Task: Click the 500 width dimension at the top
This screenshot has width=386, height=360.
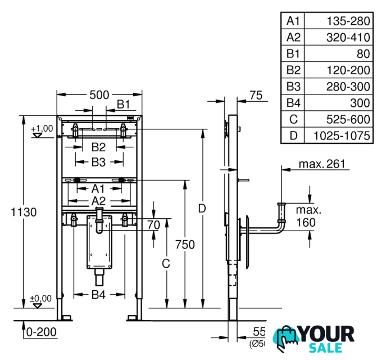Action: pyautogui.click(x=99, y=95)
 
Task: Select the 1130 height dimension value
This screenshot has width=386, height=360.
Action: pyautogui.click(x=23, y=212)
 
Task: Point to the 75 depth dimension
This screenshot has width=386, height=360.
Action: pyautogui.click(x=256, y=96)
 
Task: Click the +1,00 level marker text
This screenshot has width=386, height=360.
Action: pyautogui.click(x=42, y=128)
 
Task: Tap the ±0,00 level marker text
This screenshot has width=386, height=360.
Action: pyautogui.click(x=41, y=298)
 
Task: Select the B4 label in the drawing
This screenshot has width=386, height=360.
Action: pyautogui.click(x=99, y=294)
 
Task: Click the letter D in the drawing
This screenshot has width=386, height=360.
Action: pyautogui.click(x=202, y=208)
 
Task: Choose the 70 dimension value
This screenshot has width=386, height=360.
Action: pyautogui.click(x=153, y=225)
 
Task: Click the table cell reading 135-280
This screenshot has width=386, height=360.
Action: pyautogui.click(x=348, y=21)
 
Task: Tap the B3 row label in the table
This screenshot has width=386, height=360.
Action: pyautogui.click(x=294, y=87)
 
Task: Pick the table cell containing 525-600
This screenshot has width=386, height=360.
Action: pyautogui.click(x=348, y=119)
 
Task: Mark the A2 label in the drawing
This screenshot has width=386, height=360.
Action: pyautogui.click(x=99, y=201)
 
